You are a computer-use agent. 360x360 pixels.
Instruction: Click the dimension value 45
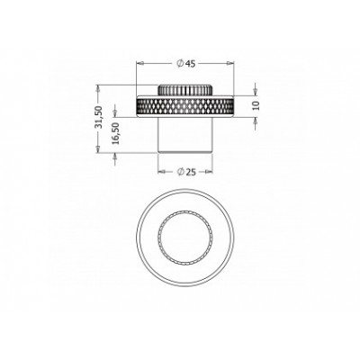point(191,64)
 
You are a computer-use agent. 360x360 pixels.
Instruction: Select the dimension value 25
point(191,172)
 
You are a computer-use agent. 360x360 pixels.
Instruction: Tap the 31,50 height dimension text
point(99,117)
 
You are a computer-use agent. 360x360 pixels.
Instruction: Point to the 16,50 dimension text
point(116,133)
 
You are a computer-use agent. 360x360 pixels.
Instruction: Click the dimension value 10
point(256,105)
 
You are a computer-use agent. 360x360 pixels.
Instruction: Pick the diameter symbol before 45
point(180,64)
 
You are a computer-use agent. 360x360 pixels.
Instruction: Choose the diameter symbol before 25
point(180,172)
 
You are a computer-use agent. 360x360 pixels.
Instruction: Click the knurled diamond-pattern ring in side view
point(185,106)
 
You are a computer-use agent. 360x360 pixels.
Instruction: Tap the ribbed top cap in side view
point(185,90)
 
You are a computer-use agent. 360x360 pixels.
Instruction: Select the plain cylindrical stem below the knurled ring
point(185,135)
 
